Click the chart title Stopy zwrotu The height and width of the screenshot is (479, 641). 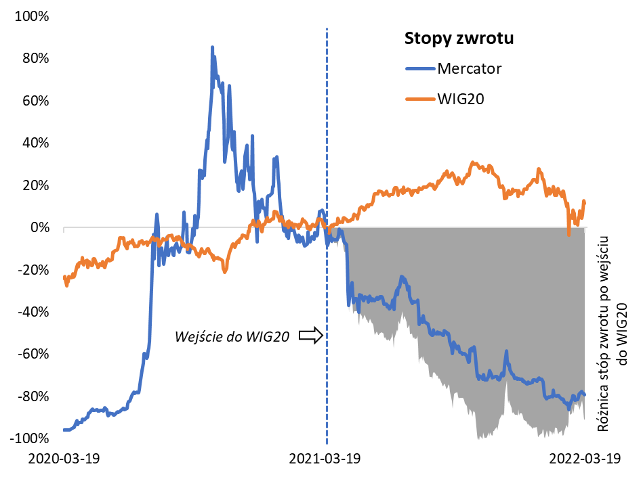(459, 39)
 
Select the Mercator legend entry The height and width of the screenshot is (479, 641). (470, 68)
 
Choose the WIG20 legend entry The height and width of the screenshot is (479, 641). (463, 99)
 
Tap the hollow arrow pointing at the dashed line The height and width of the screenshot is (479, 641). (310, 335)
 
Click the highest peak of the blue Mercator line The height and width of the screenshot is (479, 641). (212, 47)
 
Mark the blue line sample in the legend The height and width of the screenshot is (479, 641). (419, 68)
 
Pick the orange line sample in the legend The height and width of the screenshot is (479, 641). (419, 99)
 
